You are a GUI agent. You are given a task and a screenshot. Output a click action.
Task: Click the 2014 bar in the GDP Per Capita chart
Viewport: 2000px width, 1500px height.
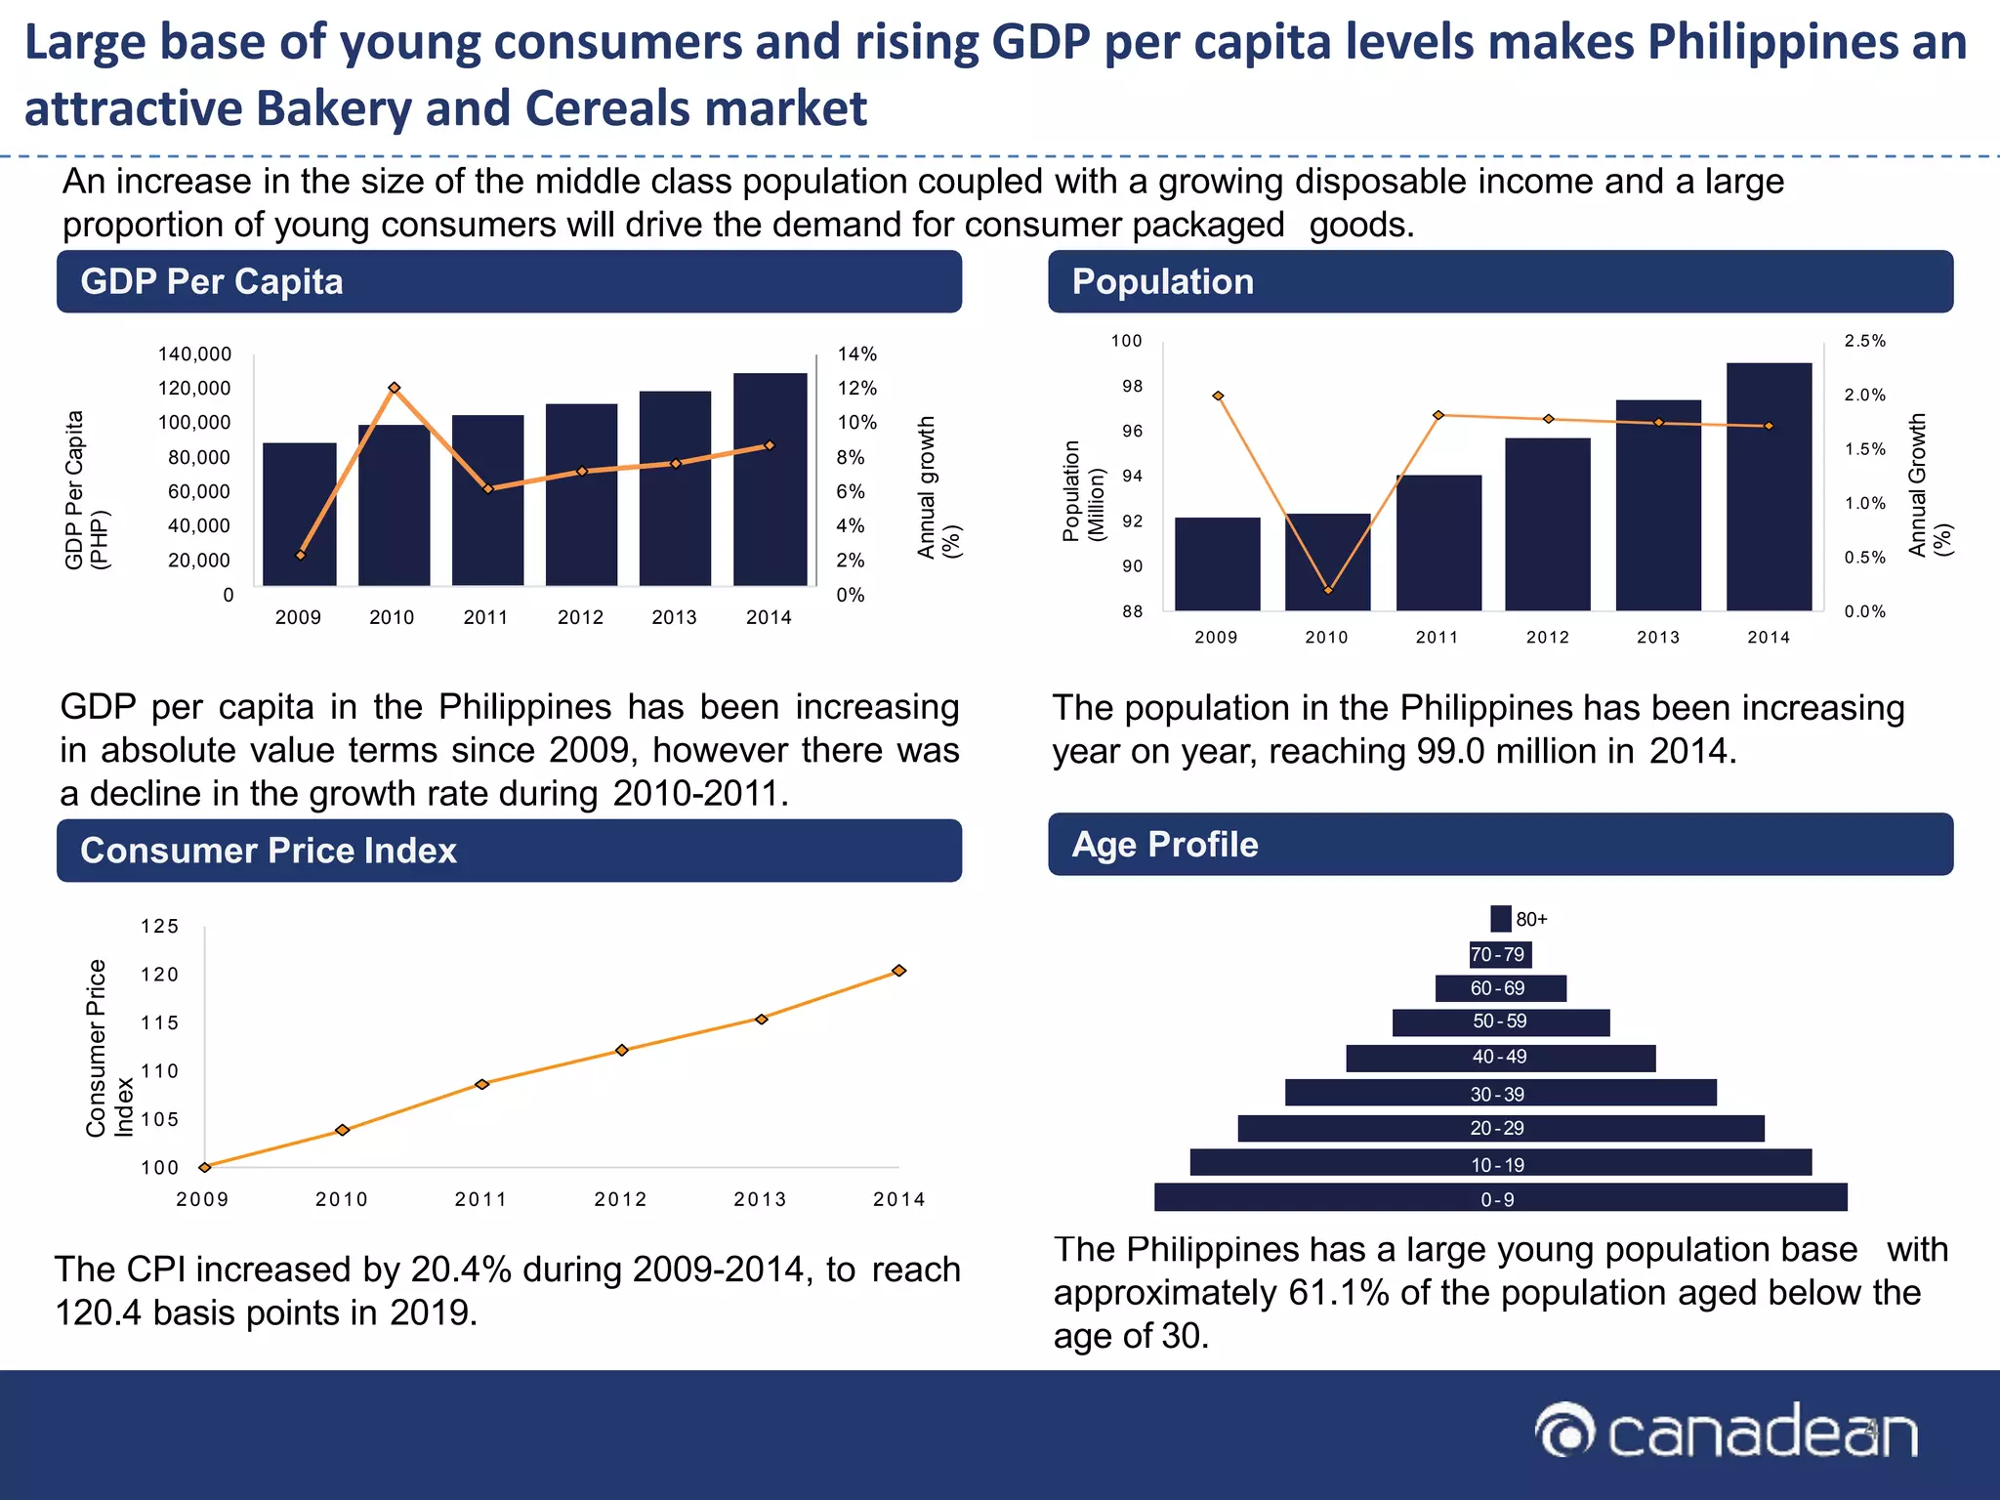(x=770, y=480)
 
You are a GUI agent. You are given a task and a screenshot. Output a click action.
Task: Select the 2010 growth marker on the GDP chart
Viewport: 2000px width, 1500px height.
(x=395, y=388)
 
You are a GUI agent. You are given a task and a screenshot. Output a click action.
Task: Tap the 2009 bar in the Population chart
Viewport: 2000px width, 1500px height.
(x=1217, y=564)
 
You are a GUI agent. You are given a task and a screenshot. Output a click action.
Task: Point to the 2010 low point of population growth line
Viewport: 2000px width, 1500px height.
(x=1328, y=590)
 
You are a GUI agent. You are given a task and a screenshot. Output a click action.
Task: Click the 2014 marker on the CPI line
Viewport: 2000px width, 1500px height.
(x=899, y=971)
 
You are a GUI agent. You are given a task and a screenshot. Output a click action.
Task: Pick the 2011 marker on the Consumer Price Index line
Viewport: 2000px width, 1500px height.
(x=481, y=1084)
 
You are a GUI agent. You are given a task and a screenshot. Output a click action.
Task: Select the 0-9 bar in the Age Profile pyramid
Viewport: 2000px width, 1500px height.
(x=1500, y=1198)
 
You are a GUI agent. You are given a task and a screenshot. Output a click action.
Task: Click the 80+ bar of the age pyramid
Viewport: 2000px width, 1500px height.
(x=1501, y=919)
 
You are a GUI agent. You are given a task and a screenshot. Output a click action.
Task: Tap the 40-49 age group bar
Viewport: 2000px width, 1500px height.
(x=1500, y=1058)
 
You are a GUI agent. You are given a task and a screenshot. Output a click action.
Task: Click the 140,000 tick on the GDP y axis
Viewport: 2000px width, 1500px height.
(x=194, y=354)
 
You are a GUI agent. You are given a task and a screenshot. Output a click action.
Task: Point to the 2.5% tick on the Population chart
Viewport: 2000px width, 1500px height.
(x=1864, y=341)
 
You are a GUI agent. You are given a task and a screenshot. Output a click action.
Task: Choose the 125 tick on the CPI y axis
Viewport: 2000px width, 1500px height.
(x=160, y=926)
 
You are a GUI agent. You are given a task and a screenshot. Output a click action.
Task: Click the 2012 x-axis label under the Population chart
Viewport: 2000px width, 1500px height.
(x=1547, y=638)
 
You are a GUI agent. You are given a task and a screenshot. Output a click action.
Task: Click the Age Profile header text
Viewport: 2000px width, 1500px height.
(x=1165, y=845)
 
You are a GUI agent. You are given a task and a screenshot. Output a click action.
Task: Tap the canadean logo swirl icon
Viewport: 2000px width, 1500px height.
(x=1565, y=1433)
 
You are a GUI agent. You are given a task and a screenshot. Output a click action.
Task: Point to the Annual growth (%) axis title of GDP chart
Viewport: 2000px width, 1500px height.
(x=938, y=487)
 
